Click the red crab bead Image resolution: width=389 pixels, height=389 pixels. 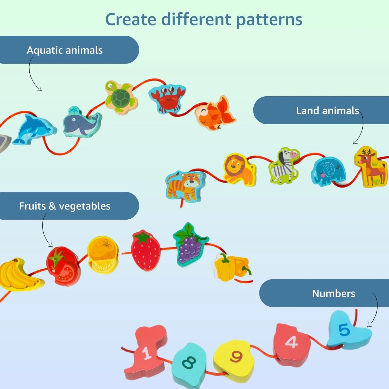[167, 98]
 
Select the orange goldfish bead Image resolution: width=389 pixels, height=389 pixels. [215, 113]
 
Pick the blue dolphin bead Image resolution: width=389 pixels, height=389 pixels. [34, 129]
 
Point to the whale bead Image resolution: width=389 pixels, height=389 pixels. [82, 122]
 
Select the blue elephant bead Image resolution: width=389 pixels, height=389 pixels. [328, 171]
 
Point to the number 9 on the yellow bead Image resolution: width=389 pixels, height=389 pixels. [236, 356]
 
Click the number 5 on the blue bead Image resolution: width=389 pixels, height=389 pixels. [344, 330]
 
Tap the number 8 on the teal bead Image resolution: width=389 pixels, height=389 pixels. [189, 362]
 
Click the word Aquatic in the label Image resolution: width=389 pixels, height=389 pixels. [45, 50]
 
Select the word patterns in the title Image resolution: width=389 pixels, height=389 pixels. [269, 20]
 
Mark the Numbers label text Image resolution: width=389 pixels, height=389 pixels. [334, 293]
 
